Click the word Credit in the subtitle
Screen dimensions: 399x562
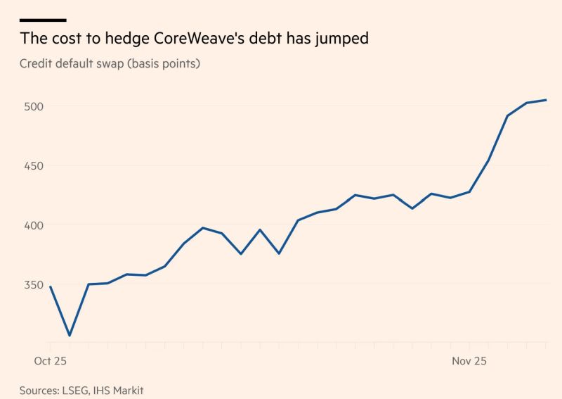tap(37, 64)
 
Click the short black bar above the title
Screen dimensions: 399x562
tap(43, 20)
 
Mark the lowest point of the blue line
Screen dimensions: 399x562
tap(70, 336)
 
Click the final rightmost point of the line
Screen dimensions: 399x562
tap(547, 100)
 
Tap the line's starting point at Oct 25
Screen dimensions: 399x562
tap(51, 286)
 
